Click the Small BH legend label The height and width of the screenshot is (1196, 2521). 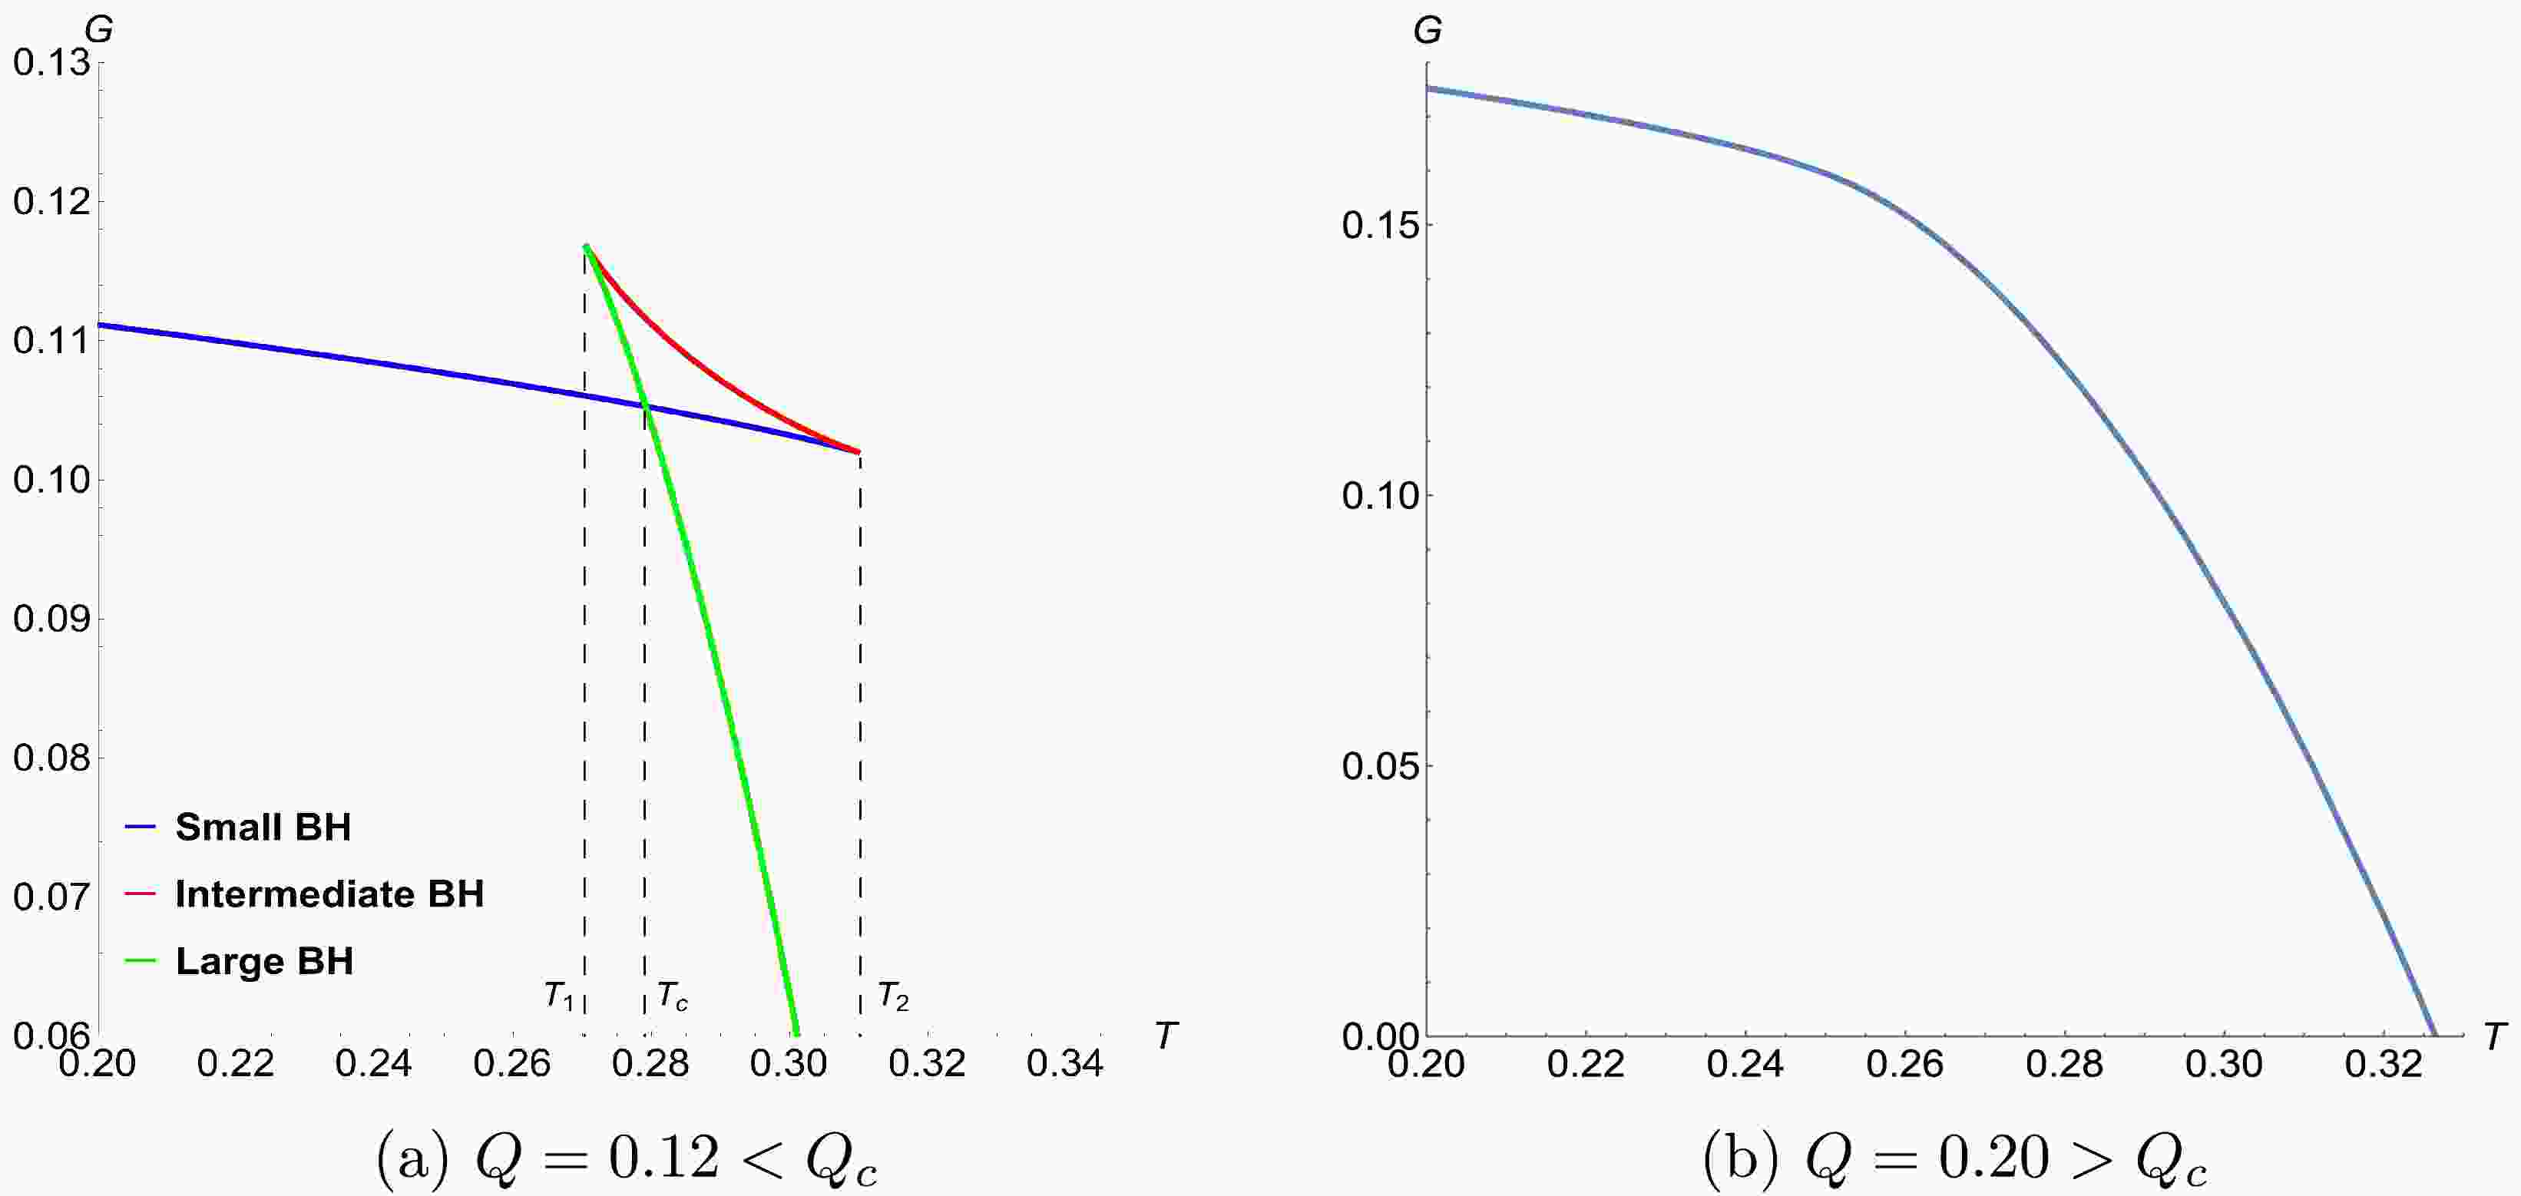point(263,827)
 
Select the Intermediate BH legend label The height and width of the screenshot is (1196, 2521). point(329,894)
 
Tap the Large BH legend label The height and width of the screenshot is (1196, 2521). point(264,961)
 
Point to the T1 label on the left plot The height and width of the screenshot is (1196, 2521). point(559,996)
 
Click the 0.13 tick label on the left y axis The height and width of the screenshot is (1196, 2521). point(51,63)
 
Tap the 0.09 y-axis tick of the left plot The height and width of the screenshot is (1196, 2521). point(51,619)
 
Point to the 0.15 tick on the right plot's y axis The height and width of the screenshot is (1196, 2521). point(1380,225)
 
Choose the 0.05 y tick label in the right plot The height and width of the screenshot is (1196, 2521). point(1380,765)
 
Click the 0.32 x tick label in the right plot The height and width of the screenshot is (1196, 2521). point(2383,1064)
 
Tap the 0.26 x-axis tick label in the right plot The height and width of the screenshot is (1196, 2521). point(1904,1064)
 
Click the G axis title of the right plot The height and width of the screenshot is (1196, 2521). point(1428,31)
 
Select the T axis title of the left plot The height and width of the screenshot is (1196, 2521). point(1166,1035)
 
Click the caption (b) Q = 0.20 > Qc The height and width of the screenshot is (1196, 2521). point(1955,1159)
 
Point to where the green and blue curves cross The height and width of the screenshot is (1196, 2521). point(645,406)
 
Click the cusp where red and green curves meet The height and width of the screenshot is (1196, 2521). point(585,246)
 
